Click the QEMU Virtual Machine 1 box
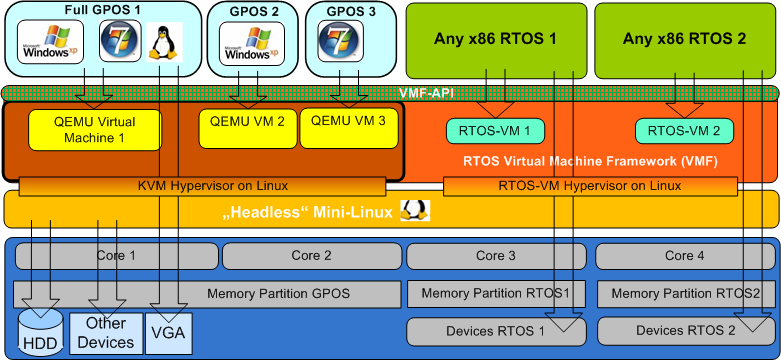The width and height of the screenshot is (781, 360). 95,130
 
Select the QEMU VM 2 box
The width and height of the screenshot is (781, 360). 248,128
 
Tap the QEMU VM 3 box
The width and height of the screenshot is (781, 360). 349,128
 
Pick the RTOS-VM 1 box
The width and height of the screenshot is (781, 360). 495,131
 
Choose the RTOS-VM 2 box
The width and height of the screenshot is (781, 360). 684,131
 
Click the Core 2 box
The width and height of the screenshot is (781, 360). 311,256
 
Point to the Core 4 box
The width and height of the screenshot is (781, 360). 684,256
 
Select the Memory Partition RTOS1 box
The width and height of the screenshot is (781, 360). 496,294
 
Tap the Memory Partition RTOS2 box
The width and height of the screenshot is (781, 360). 685,294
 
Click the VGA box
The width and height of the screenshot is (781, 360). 168,333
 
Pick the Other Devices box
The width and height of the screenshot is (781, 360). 106,333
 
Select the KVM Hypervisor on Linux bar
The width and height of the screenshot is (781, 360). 202,187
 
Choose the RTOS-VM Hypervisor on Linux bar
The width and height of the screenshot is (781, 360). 590,187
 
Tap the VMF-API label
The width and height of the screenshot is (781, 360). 426,93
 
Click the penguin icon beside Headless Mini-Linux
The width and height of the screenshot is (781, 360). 415,211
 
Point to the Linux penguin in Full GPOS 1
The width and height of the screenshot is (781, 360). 165,42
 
